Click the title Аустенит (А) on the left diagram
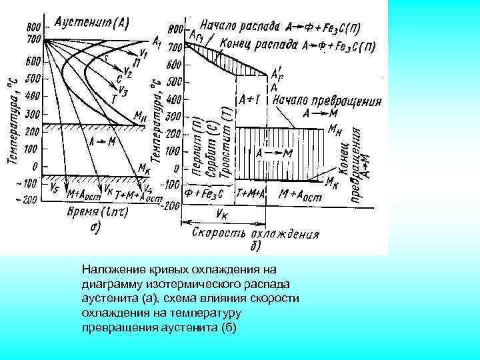point(92,21)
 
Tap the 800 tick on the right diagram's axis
point(175,29)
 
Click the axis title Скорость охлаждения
point(255,234)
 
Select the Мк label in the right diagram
point(334,180)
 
